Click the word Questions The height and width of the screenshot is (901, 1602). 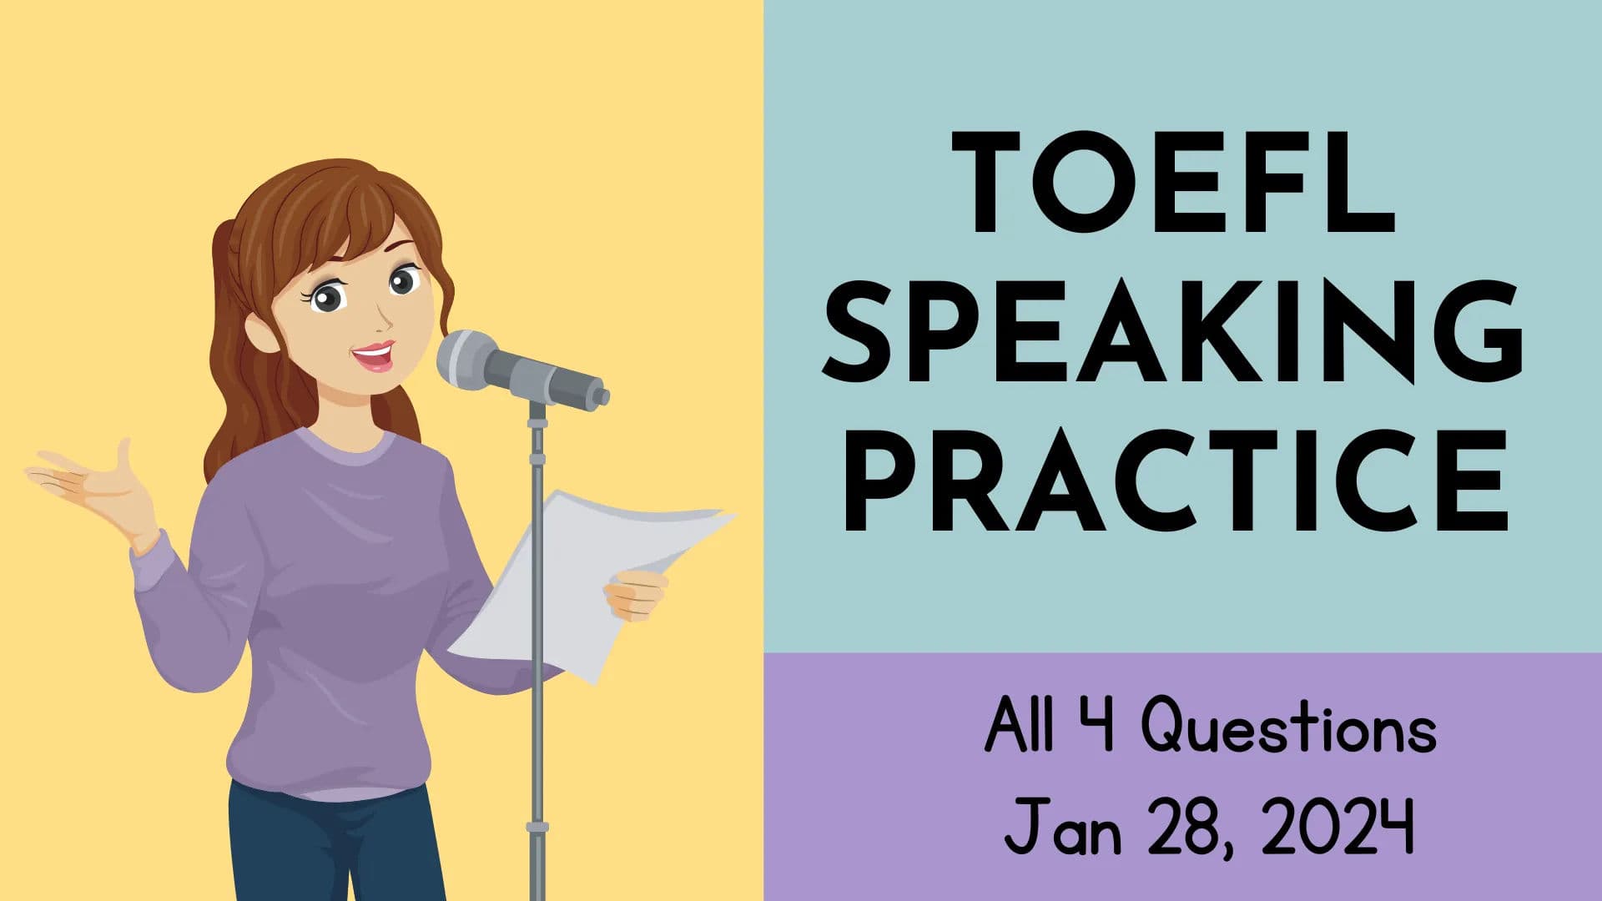[x=1288, y=727]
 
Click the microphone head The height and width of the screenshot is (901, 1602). [x=467, y=359]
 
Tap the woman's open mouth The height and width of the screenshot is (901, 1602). [x=374, y=357]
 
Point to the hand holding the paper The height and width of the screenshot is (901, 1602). [x=636, y=594]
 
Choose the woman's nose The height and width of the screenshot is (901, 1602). [x=385, y=315]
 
